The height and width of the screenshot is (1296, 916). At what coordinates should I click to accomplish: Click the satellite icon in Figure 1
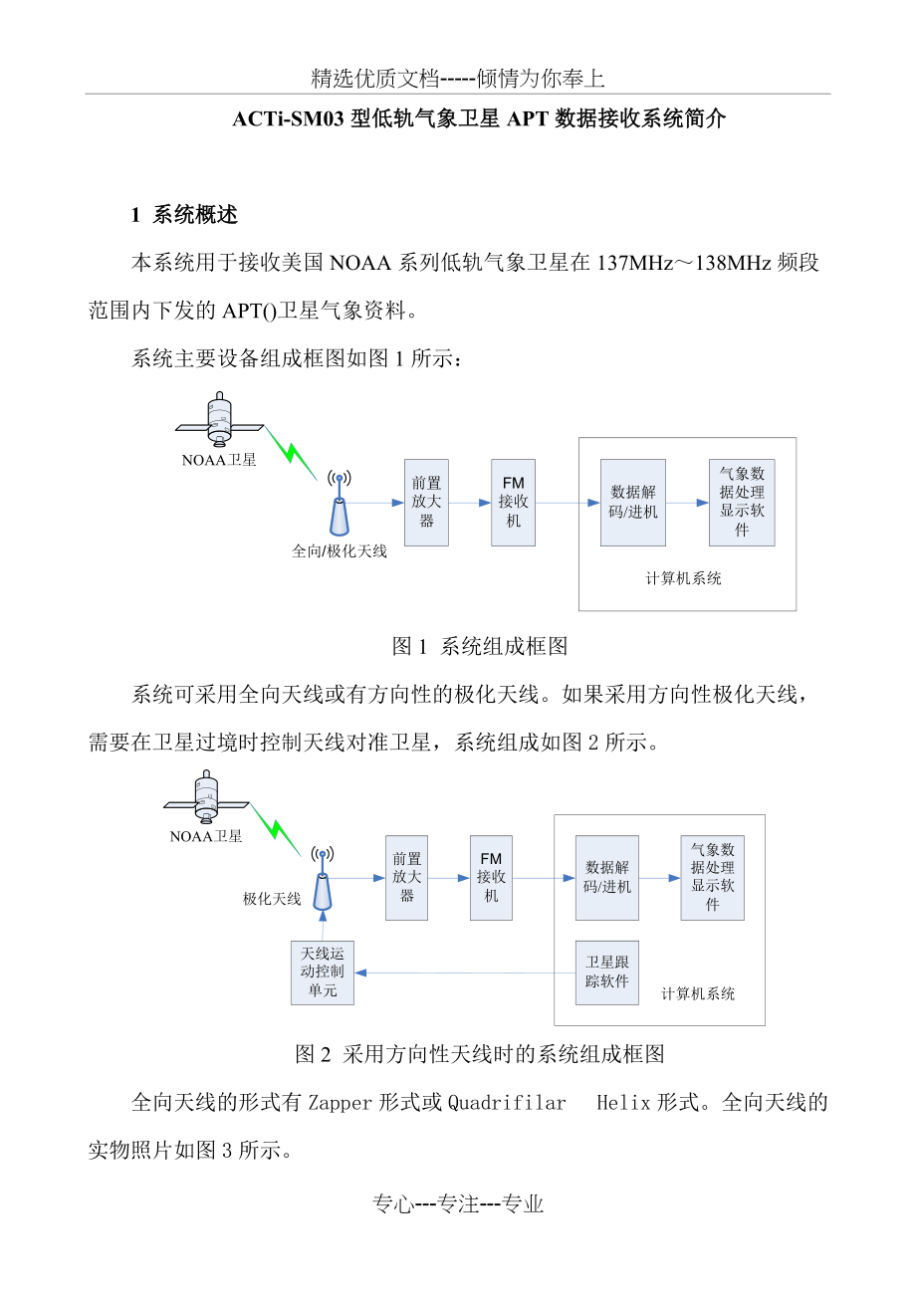coord(219,421)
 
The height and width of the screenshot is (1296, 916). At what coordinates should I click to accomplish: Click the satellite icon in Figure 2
coord(207,799)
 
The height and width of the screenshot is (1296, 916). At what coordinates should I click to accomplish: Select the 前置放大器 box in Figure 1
coord(426,502)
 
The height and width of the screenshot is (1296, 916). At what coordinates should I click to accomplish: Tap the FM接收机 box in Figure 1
coord(513,502)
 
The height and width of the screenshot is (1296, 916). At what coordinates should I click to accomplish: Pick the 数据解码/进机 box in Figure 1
coord(633,503)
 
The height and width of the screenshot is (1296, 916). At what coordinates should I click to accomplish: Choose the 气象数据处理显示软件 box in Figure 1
coord(742,503)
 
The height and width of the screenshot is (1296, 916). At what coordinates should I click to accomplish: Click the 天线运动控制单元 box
coord(323,972)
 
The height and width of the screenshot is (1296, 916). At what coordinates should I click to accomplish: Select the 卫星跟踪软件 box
coord(607,972)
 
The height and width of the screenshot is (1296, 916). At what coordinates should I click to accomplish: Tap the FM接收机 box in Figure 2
coord(491,877)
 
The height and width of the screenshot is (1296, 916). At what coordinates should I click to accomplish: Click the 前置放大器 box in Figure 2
coord(406,877)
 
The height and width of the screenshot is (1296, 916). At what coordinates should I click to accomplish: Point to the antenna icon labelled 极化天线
coord(322,882)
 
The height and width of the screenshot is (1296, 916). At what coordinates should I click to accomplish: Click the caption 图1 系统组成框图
coord(480,646)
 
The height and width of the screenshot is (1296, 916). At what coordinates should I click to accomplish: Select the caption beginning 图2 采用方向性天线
coord(480,1053)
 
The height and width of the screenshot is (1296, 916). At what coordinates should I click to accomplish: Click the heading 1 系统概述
coord(185,214)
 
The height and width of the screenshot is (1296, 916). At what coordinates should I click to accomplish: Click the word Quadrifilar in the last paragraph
coord(507,1102)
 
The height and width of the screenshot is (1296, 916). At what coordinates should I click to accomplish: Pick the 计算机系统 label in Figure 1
coord(684,578)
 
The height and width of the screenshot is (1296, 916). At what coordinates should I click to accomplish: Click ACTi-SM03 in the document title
coord(290,119)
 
